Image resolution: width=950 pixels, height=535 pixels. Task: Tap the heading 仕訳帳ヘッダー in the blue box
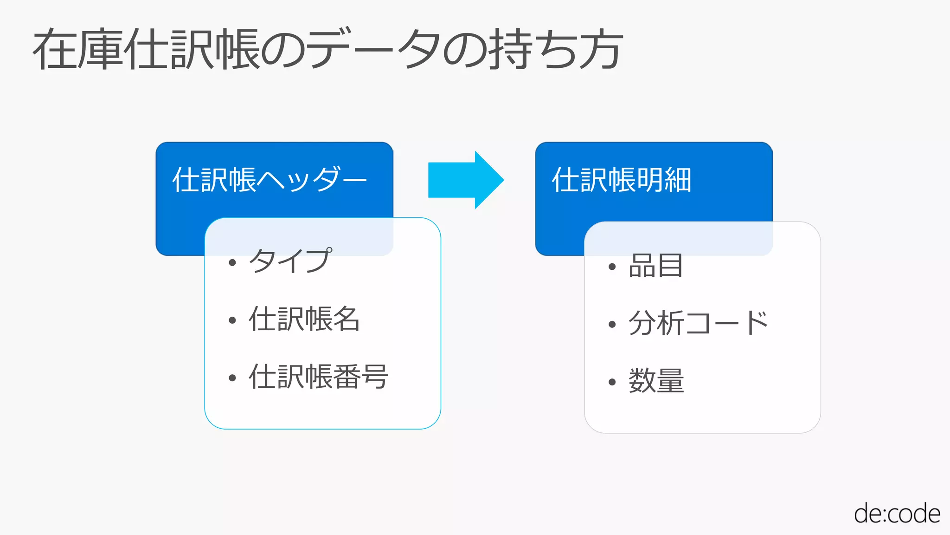click(269, 180)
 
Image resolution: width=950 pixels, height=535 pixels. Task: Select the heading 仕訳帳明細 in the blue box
click(622, 180)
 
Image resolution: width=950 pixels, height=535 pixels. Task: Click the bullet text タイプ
click(290, 261)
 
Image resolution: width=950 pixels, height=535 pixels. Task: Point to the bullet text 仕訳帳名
click(304, 319)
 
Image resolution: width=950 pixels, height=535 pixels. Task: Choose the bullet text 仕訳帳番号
click(318, 377)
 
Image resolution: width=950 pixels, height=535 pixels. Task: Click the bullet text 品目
click(655, 266)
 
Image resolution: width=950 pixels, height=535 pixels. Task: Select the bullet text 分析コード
click(698, 323)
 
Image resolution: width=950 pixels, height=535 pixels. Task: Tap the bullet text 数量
click(656, 381)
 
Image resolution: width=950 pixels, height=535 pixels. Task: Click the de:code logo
click(897, 514)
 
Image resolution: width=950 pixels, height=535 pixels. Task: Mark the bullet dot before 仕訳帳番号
click(232, 378)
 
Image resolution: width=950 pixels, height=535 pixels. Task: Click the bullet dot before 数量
click(612, 382)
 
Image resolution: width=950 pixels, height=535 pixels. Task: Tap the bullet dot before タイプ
click(232, 263)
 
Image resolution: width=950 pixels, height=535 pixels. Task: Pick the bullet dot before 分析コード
click(612, 325)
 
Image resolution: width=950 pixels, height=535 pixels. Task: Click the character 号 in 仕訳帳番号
click(375, 377)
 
